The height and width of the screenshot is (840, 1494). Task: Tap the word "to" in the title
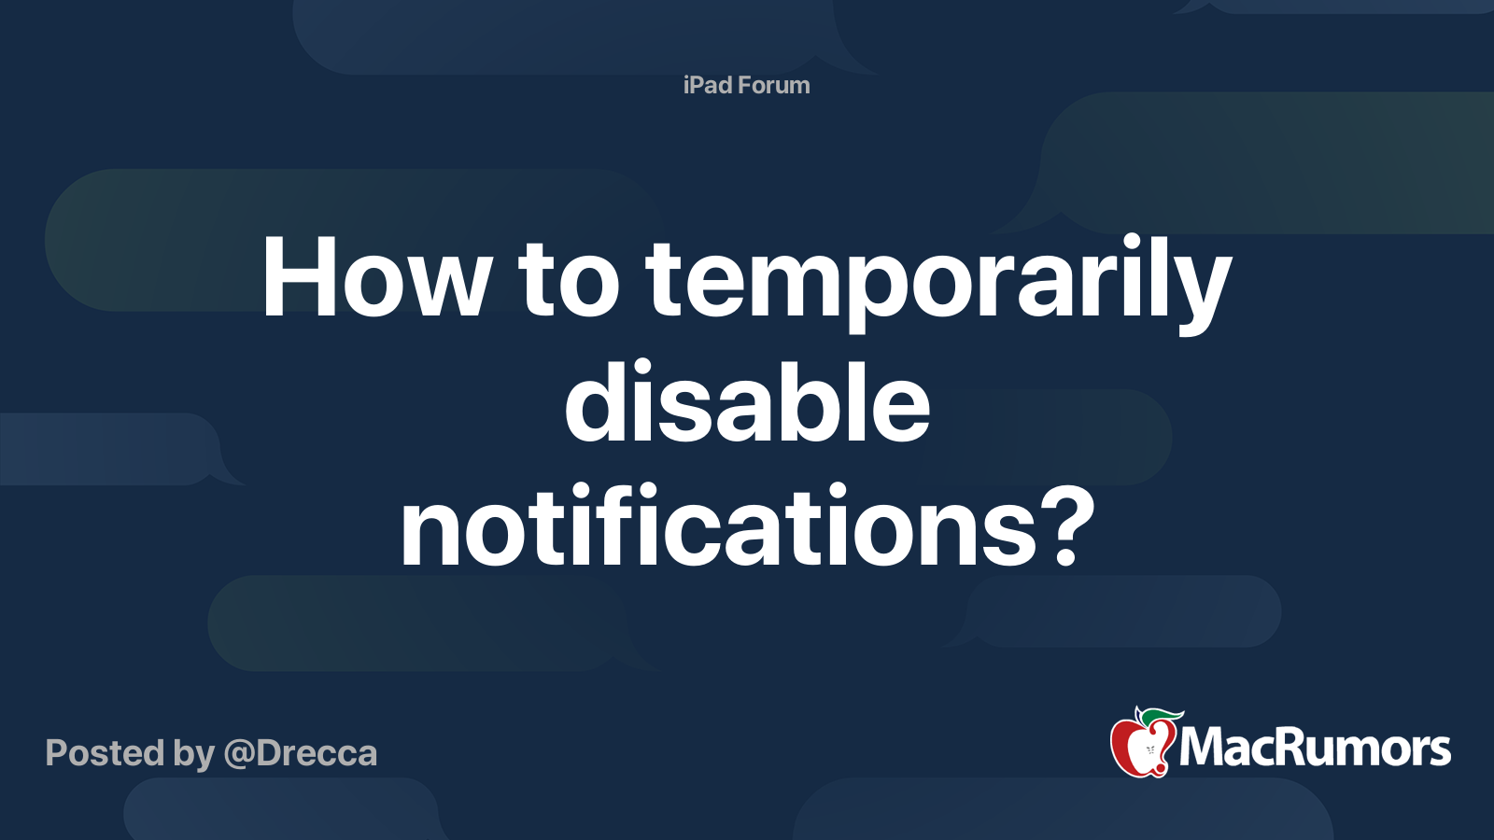click(x=569, y=278)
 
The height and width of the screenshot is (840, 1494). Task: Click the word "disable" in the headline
click(x=747, y=403)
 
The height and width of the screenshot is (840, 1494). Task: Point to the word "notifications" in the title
click(x=718, y=528)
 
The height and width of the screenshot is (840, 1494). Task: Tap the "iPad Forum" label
click(x=746, y=85)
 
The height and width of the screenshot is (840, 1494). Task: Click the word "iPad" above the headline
click(x=707, y=85)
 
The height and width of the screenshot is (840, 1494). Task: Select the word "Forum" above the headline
click(x=773, y=85)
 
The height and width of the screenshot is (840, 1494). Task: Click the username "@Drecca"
click(x=301, y=753)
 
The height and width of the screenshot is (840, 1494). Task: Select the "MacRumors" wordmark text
click(x=1315, y=748)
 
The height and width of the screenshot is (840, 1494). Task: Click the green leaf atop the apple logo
click(x=1163, y=717)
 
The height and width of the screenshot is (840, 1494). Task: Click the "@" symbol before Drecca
click(x=238, y=754)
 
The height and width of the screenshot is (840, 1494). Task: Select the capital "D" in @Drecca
click(x=270, y=753)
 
